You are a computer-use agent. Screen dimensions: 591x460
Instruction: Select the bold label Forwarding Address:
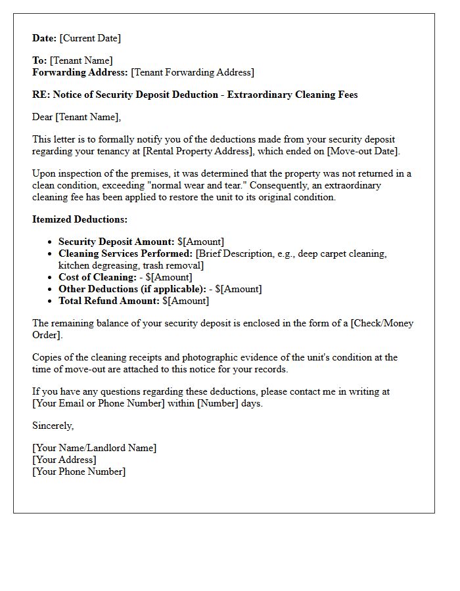pyautogui.click(x=80, y=73)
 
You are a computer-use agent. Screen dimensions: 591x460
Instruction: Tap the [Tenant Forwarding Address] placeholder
pyautogui.click(x=193, y=73)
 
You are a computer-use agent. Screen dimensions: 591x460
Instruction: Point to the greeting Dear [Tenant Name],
pyautogui.click(x=77, y=118)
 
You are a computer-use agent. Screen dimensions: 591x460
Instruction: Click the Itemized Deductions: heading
pyautogui.click(x=80, y=220)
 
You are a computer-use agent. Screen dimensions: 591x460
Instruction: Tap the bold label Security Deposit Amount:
pyautogui.click(x=116, y=242)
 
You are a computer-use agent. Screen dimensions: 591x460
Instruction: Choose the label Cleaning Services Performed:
pyautogui.click(x=126, y=254)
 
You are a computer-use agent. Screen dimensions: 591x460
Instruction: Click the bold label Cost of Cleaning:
pyautogui.click(x=97, y=278)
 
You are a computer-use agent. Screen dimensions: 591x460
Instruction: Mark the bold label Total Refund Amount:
pyautogui.click(x=108, y=301)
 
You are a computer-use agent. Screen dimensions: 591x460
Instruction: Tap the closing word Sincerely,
pyautogui.click(x=53, y=426)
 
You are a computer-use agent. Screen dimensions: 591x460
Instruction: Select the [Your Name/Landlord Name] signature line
pyautogui.click(x=95, y=449)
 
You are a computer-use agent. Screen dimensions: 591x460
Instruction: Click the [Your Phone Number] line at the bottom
pyautogui.click(x=79, y=472)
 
